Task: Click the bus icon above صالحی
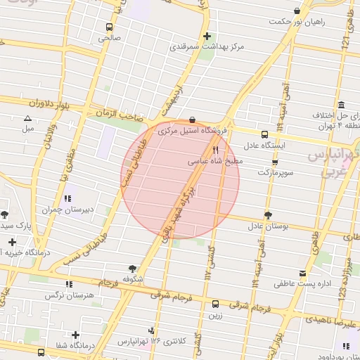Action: pyautogui.click(x=108, y=27)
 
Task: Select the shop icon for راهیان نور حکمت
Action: pyautogui.click(x=297, y=11)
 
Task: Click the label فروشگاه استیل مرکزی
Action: pyautogui.click(x=193, y=130)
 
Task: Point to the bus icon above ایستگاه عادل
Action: pyautogui.click(x=264, y=134)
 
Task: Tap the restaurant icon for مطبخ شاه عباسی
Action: pyautogui.click(x=216, y=150)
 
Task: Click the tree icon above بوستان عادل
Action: pyautogui.click(x=267, y=215)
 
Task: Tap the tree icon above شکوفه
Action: pyautogui.click(x=132, y=268)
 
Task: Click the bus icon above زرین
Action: pyautogui.click(x=215, y=304)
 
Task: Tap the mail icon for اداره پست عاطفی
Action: pyautogui.click(x=302, y=274)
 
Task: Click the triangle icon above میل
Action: pyautogui.click(x=27, y=118)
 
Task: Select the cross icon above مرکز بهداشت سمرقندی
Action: pyautogui.click(x=206, y=36)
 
